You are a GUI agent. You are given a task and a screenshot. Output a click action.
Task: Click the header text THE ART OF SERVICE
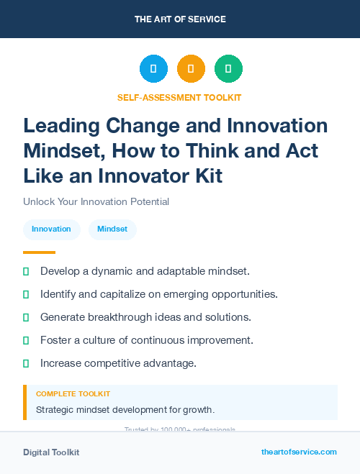pyautogui.click(x=180, y=19)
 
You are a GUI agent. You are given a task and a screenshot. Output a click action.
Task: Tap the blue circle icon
pyautogui.click(x=153, y=68)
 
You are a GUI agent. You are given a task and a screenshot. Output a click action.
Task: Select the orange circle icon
pyautogui.click(x=191, y=68)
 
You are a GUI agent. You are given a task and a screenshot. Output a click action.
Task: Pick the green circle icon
pyautogui.click(x=228, y=68)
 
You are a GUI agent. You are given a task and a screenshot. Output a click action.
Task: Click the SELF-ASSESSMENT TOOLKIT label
pyautogui.click(x=179, y=97)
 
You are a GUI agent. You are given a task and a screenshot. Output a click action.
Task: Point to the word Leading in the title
pyautogui.click(x=61, y=126)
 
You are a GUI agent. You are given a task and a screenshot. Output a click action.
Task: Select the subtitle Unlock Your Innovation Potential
pyautogui.click(x=96, y=202)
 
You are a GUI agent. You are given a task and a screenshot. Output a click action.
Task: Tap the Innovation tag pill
pyautogui.click(x=51, y=229)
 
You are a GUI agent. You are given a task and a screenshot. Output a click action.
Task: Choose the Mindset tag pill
pyautogui.click(x=112, y=229)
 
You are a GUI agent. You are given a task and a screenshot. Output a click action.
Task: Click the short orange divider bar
pyautogui.click(x=39, y=252)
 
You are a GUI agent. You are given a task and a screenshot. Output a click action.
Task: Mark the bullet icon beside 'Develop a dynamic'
pyautogui.click(x=26, y=272)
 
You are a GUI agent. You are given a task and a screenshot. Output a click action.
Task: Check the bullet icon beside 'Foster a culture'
pyautogui.click(x=26, y=340)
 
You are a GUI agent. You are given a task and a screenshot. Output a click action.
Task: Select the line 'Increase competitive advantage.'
pyautogui.click(x=118, y=363)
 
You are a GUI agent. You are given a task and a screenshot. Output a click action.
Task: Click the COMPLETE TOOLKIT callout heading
pyautogui.click(x=73, y=394)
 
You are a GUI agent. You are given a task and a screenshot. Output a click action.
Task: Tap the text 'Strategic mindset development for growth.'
pyautogui.click(x=125, y=410)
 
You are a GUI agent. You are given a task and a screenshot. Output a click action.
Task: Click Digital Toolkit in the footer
pyautogui.click(x=51, y=452)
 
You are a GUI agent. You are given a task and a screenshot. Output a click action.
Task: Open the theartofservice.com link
pyautogui.click(x=299, y=452)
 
